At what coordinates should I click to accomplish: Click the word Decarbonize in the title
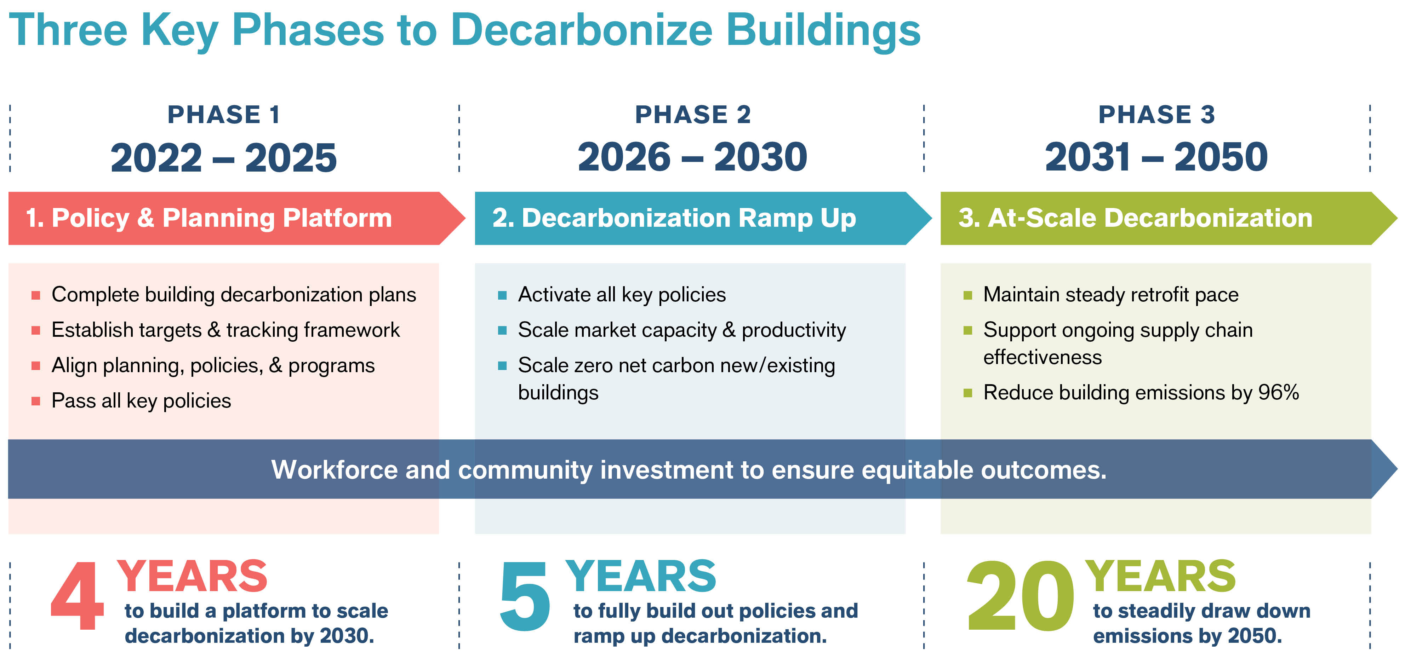[x=581, y=30]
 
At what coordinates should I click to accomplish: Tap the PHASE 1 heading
[x=224, y=115]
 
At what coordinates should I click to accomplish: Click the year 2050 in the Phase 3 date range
[x=1221, y=157]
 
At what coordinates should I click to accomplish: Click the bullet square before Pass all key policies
[x=36, y=401]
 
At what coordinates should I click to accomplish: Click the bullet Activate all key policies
[x=622, y=294]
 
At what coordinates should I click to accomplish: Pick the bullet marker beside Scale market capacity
[x=502, y=330]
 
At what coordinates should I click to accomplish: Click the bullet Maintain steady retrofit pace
[x=1110, y=294]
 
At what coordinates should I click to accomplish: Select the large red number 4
[x=78, y=597]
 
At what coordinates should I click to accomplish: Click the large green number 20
[x=1020, y=597]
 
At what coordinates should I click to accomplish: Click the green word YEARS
[x=1160, y=577]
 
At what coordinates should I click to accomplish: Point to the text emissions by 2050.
[x=1187, y=636]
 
